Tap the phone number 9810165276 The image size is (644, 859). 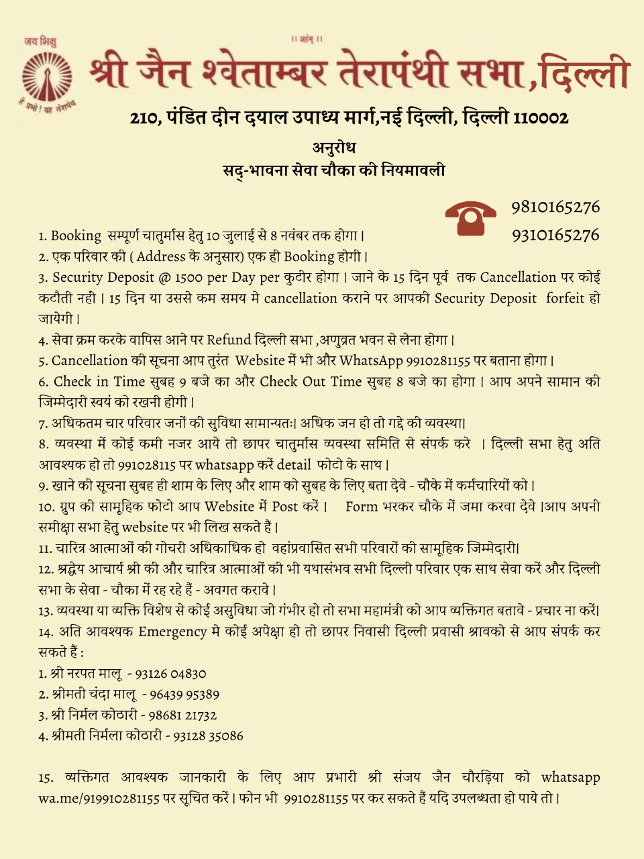coord(555,207)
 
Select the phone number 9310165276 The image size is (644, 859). coord(555,235)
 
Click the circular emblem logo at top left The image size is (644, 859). coord(46,79)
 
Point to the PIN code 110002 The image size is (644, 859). coord(541,118)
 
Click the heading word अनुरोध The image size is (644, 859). coord(333,148)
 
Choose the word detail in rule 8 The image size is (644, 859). coord(294,464)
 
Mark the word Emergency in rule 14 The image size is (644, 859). coord(172,631)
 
